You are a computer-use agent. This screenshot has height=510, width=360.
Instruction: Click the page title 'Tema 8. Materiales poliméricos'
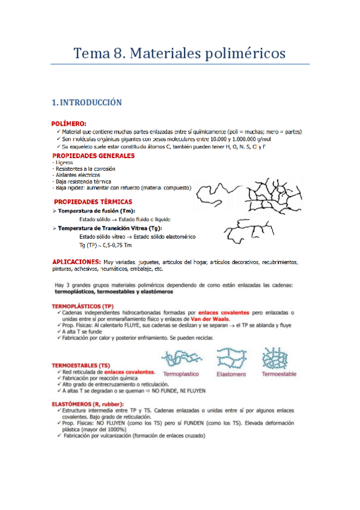pyautogui.click(x=179, y=53)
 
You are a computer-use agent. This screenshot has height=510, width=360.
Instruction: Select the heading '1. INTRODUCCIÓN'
pyautogui.click(x=87, y=103)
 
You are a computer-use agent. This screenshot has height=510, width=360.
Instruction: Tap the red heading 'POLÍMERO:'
pyautogui.click(x=73, y=123)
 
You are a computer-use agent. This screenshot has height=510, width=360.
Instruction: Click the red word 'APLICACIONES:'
pyautogui.click(x=76, y=262)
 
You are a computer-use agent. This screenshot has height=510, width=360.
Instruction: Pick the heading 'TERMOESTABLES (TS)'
pyautogui.click(x=82, y=365)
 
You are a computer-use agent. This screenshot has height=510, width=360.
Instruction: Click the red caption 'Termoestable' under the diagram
pyautogui.click(x=279, y=374)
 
